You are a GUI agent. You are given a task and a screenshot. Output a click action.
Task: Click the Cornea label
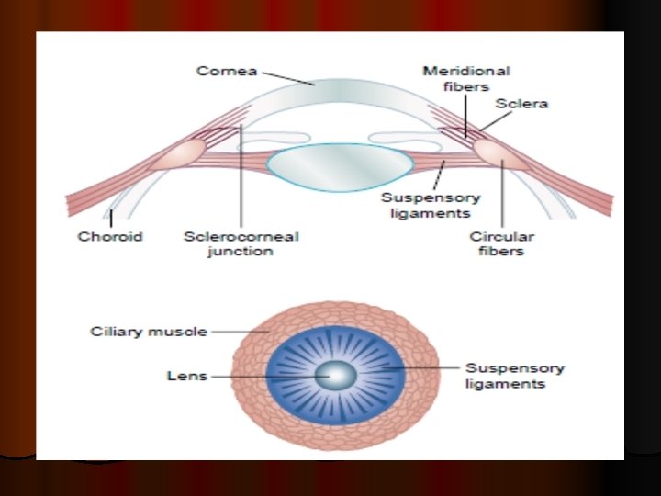(x=226, y=71)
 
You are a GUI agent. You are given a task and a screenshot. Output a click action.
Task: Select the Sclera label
(x=521, y=103)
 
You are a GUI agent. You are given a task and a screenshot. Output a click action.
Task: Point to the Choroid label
(x=109, y=236)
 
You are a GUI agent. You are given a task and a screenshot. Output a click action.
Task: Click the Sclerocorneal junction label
(x=241, y=243)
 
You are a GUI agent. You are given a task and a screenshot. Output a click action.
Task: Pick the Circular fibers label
(x=502, y=243)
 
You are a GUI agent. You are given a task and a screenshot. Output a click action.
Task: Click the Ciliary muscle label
(x=148, y=331)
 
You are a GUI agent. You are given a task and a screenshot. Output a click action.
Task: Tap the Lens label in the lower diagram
(x=186, y=375)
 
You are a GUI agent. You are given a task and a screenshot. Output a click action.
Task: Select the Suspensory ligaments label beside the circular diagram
(x=514, y=376)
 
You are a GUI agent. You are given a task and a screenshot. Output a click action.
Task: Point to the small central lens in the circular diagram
(x=337, y=375)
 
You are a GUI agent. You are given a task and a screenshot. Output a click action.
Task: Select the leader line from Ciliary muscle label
(x=241, y=331)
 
